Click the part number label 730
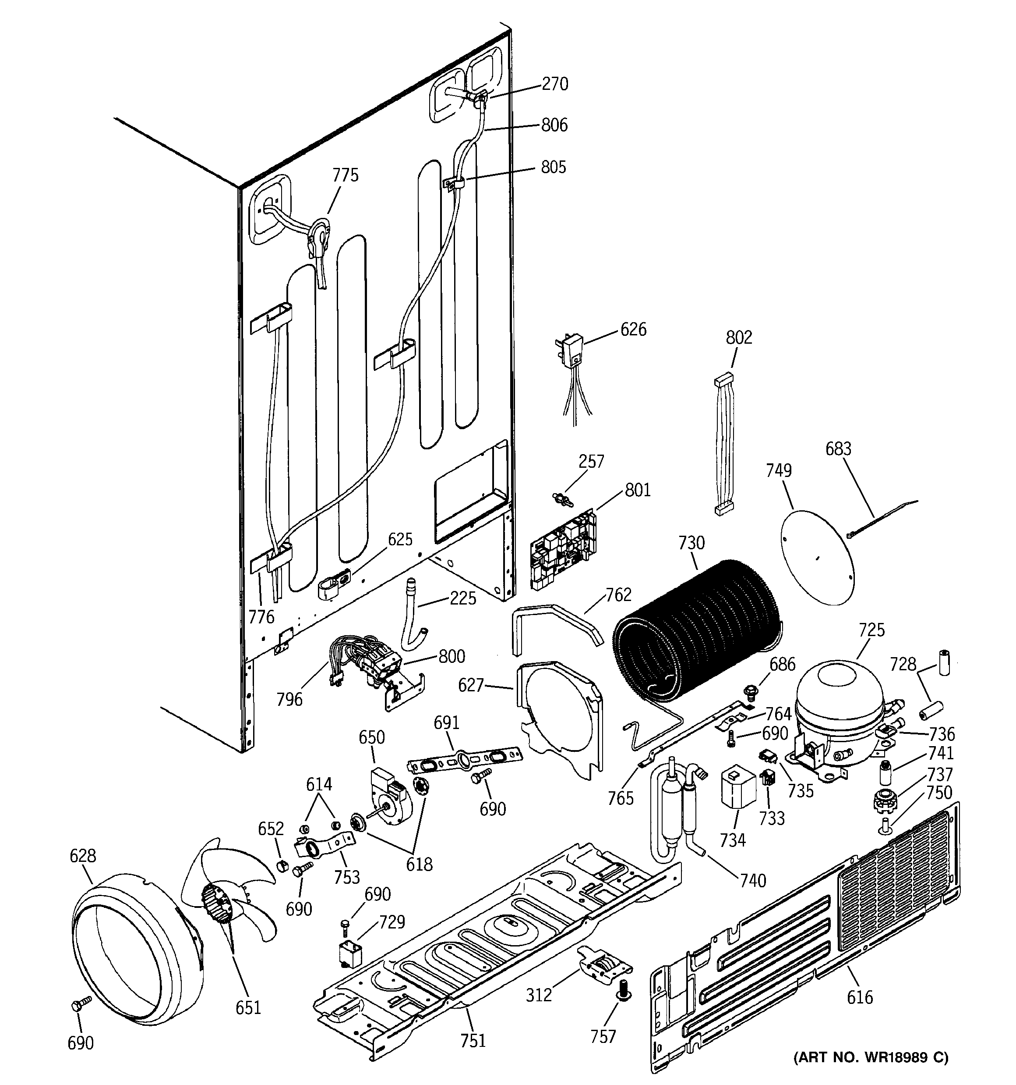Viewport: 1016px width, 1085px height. click(x=691, y=543)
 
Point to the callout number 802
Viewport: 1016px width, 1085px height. click(x=739, y=337)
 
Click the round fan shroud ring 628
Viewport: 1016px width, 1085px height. click(x=136, y=950)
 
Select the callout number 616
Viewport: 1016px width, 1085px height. click(x=860, y=997)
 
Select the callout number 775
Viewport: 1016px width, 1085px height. click(x=346, y=175)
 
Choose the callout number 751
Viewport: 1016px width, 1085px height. click(x=473, y=1041)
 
